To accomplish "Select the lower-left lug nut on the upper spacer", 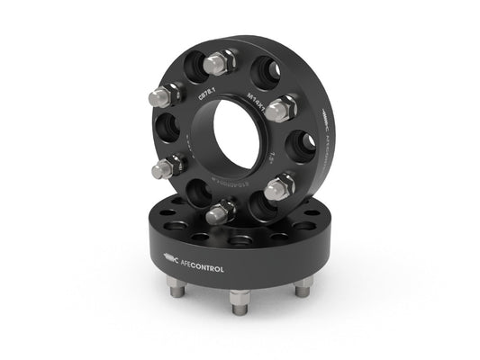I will click(168, 167).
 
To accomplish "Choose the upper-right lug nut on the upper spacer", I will click(281, 107).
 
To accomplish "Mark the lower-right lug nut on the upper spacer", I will click(280, 186).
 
